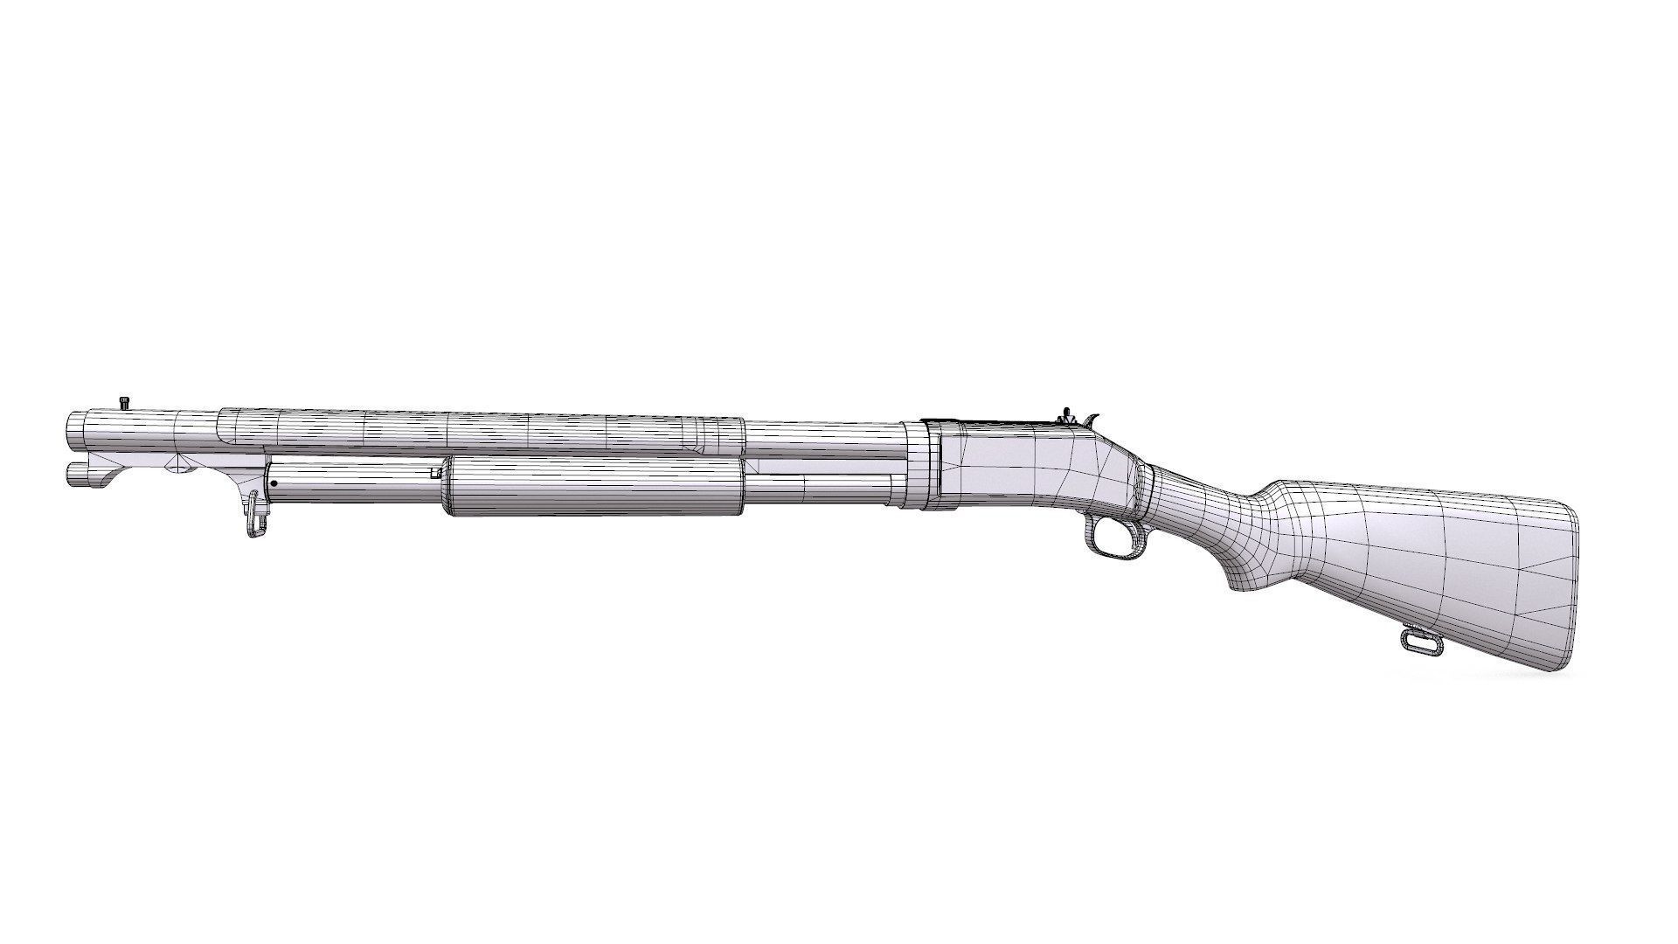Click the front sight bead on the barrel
pos(123,402)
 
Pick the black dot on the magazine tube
pos(274,483)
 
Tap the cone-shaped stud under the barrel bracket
pos(182,466)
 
